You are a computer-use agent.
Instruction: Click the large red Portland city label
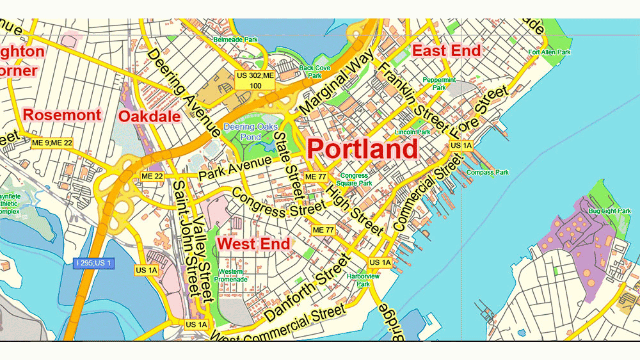tap(362, 149)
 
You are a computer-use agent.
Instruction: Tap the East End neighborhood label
tap(446, 51)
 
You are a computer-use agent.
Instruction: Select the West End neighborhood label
tap(253, 244)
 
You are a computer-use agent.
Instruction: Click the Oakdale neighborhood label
tap(149, 116)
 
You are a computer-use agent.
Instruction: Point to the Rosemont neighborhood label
tap(62, 115)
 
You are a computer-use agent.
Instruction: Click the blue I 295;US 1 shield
tap(94, 263)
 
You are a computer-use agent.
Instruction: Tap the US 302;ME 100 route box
tap(255, 80)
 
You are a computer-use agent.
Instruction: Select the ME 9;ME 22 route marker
tap(52, 143)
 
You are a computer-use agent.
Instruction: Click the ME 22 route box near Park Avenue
tap(152, 176)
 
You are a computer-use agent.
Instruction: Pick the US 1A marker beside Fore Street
tap(461, 146)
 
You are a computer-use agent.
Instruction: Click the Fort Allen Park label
tap(549, 52)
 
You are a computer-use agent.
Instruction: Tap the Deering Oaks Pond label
tap(250, 132)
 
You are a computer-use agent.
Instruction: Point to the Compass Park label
tap(487, 172)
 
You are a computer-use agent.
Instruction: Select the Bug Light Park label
tap(609, 211)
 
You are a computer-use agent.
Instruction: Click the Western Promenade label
tap(230, 276)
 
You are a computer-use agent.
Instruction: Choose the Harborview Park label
tap(363, 280)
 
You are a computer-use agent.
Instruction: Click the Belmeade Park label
tap(235, 40)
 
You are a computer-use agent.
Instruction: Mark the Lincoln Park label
tap(412, 132)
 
